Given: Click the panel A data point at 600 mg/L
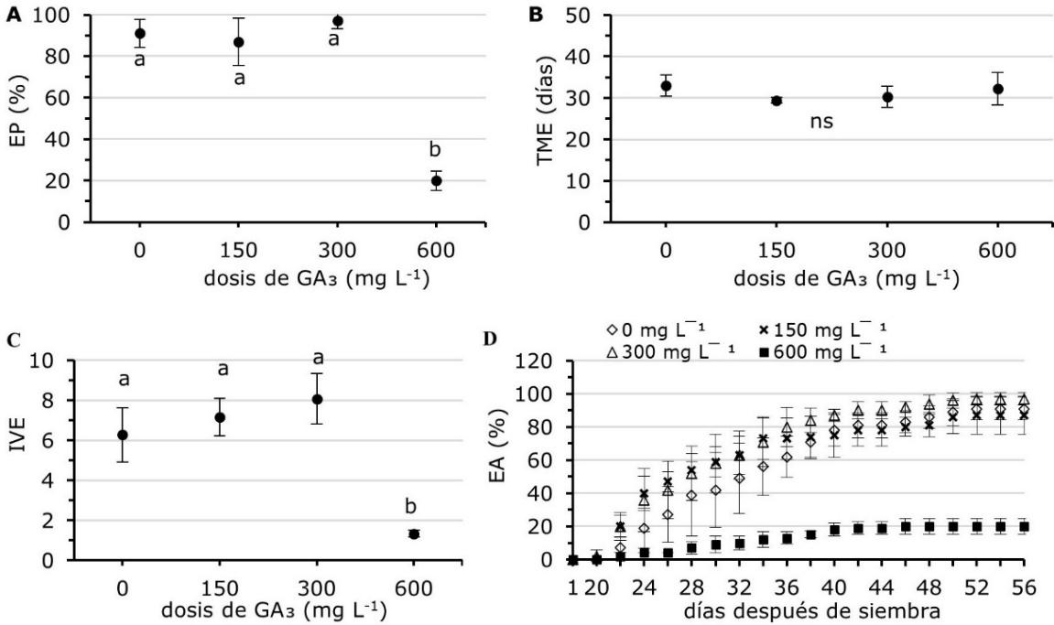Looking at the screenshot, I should click(x=437, y=181).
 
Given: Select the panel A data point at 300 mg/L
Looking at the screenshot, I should click(x=338, y=21).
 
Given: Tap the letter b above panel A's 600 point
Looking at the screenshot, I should click(x=437, y=151).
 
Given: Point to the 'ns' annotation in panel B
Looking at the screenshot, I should click(x=822, y=121).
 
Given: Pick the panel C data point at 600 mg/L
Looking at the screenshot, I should click(x=414, y=533).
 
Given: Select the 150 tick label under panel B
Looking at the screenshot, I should click(x=776, y=251).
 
